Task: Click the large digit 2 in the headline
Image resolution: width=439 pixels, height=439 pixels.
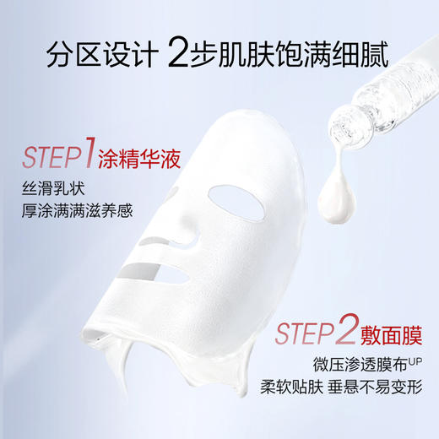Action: (x=182, y=56)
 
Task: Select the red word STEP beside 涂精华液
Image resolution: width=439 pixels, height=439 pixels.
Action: (x=55, y=157)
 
